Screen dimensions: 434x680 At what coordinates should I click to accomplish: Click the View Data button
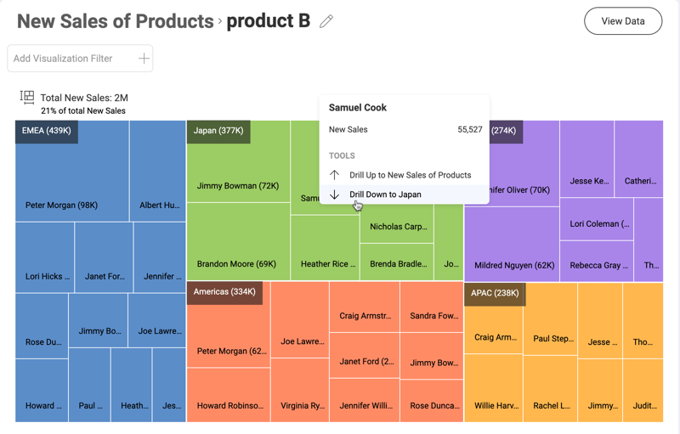point(623,21)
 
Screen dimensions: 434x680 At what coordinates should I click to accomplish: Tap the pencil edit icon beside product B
point(326,21)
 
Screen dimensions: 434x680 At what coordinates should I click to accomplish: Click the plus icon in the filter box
point(144,59)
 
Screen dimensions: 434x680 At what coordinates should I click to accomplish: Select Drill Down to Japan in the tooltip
point(385,194)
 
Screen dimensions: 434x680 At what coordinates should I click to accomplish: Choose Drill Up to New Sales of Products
point(410,175)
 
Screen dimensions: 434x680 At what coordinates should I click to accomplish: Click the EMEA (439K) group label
point(47,131)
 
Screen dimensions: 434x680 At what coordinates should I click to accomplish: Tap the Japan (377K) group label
point(218,131)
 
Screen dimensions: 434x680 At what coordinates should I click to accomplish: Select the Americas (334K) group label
point(224,292)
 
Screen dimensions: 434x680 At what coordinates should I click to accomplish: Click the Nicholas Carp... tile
point(396,228)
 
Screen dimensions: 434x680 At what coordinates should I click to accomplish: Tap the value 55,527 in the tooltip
point(469,130)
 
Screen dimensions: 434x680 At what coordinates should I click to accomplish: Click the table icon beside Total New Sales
point(27,98)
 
